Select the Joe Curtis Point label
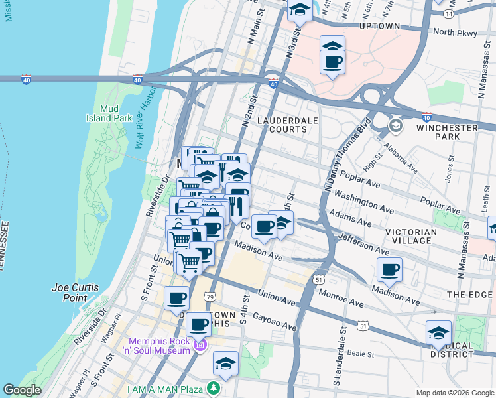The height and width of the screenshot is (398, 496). click(76, 293)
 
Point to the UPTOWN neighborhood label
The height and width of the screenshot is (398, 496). click(379, 27)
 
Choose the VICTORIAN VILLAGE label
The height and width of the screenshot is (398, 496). click(411, 236)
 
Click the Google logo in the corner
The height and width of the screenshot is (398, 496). click(22, 390)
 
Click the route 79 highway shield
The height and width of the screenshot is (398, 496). click(210, 296)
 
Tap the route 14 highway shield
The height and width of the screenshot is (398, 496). click(449, 13)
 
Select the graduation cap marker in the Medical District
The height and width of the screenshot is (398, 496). click(438, 333)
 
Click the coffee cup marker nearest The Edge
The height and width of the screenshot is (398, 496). click(389, 269)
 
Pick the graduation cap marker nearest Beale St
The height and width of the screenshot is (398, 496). click(225, 364)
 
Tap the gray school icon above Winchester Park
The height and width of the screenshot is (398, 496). click(395, 125)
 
